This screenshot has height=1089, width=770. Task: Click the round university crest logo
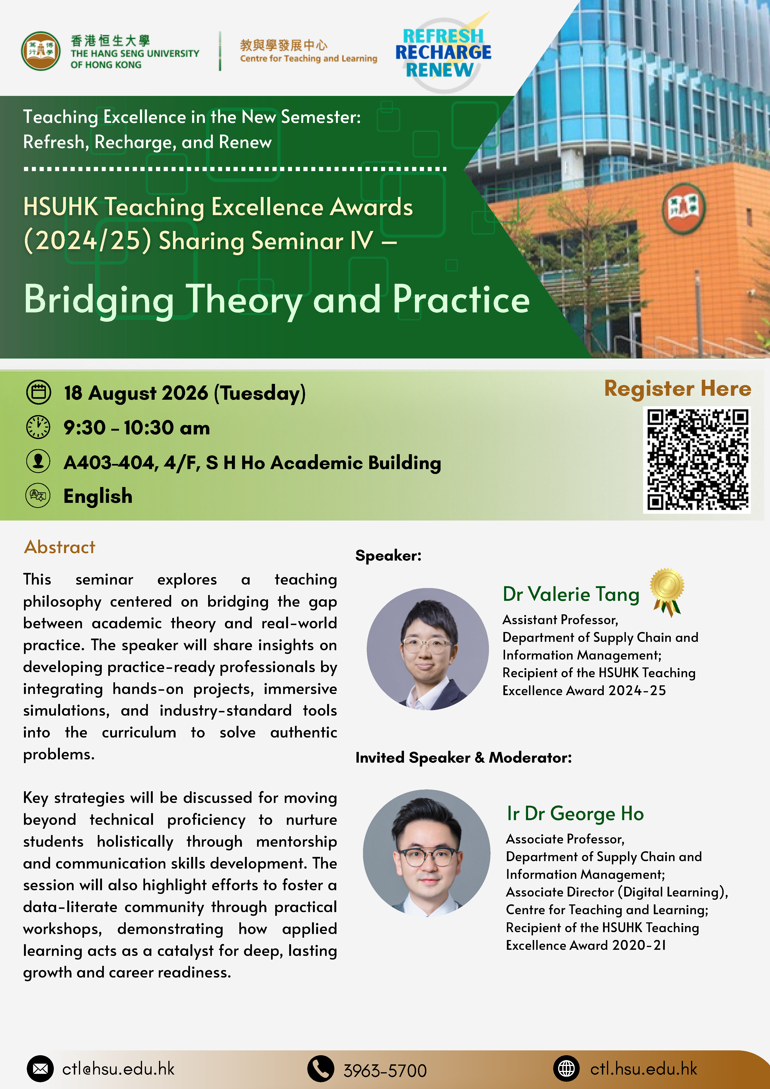click(41, 51)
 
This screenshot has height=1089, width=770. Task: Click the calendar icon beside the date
click(38, 392)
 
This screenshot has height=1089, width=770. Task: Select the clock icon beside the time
click(38, 427)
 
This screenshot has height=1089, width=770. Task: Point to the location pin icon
click(38, 461)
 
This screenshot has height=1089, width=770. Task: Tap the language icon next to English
click(38, 496)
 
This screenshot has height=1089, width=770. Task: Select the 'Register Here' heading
click(678, 389)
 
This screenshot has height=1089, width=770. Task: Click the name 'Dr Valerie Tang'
click(571, 594)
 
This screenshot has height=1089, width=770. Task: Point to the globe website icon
click(566, 1069)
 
